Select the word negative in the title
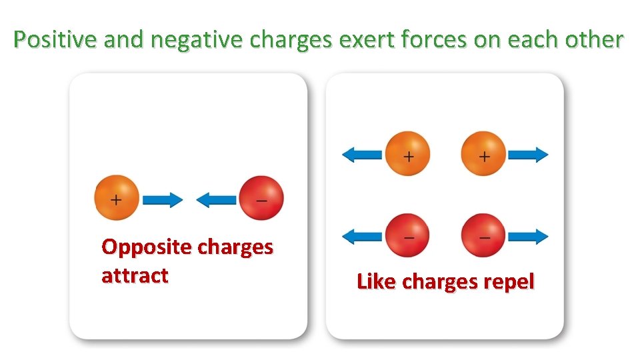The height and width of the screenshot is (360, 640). (x=198, y=40)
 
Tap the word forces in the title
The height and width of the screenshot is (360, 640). (x=435, y=40)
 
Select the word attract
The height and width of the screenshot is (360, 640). (x=135, y=275)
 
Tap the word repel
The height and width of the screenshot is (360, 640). (x=508, y=282)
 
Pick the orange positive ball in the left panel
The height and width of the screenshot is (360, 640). (x=117, y=198)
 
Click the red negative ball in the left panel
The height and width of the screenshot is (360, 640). (x=261, y=199)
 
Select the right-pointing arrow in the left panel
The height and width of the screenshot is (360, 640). (x=163, y=199)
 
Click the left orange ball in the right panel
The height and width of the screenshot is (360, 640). (x=408, y=154)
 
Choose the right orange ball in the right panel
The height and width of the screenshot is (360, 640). (x=483, y=154)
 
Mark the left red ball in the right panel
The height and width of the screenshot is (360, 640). (x=408, y=235)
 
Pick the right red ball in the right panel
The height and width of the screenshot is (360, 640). (x=483, y=235)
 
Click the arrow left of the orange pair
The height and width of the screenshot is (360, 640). (x=362, y=155)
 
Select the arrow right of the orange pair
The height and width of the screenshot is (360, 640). (x=528, y=155)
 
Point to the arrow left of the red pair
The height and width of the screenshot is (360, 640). (x=362, y=236)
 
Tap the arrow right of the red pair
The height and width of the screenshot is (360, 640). (x=528, y=236)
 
